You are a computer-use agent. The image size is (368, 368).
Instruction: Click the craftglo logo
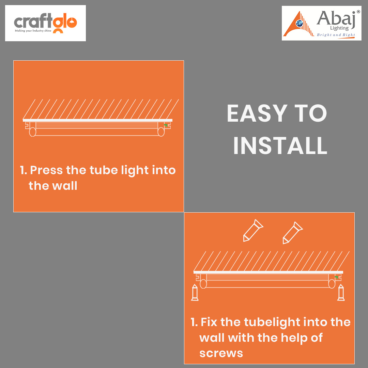45,23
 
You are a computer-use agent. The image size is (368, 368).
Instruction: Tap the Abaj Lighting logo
322,23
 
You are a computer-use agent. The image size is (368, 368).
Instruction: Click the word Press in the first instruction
46,170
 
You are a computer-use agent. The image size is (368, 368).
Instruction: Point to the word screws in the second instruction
221,353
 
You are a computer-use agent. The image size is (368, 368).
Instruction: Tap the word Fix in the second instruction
209,322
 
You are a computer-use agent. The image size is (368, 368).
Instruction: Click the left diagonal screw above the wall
253,230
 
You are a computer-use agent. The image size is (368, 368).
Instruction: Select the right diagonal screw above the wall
293,233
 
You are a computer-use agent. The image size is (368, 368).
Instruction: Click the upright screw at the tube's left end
195,292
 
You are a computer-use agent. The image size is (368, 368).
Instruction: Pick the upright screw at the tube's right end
341,292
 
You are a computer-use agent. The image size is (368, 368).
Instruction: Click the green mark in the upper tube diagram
166,125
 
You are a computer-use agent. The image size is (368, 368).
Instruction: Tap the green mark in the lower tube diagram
337,277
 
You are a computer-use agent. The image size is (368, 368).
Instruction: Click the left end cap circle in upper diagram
33,132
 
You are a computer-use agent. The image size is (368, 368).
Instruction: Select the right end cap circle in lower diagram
332,284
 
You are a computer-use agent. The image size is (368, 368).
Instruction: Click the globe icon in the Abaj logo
299,23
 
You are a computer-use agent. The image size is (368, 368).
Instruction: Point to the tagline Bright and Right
336,35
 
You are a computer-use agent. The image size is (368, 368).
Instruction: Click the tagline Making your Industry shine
33,31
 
